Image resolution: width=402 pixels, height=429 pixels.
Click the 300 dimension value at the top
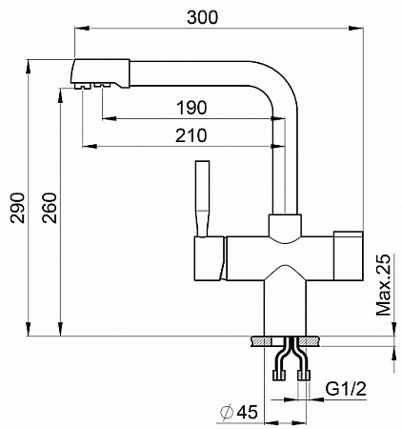coord(203,17)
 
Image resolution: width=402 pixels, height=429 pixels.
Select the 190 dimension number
coord(191,108)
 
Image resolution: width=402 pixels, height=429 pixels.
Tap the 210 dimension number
coord(191,135)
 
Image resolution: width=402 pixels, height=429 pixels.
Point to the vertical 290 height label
coord(18,208)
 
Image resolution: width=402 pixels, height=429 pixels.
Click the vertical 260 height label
coord(50,208)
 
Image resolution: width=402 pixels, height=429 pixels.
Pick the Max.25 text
coord(383,285)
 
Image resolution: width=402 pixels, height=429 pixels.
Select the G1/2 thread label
coord(346,389)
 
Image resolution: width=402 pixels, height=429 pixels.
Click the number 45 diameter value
coord(248,412)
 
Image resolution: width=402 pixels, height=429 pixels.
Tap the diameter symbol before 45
coord(227,413)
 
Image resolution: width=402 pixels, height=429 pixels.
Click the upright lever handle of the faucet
coord(202,198)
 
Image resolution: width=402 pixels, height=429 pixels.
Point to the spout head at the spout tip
coord(99,73)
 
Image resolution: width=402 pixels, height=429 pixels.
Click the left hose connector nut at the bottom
coord(279,375)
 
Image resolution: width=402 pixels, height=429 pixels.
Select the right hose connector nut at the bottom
coord(303,375)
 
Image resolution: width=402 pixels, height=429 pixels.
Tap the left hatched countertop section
coord(261,341)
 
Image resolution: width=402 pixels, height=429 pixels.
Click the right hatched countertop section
coord(310,341)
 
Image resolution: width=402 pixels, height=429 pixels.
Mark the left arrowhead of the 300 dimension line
coord(81,29)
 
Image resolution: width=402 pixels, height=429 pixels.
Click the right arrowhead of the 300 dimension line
coord(356,29)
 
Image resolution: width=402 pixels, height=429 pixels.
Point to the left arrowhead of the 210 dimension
coord(90,146)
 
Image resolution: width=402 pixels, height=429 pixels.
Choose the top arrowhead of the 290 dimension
coord(28,67)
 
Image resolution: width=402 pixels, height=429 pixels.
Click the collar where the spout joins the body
coord(285,226)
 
